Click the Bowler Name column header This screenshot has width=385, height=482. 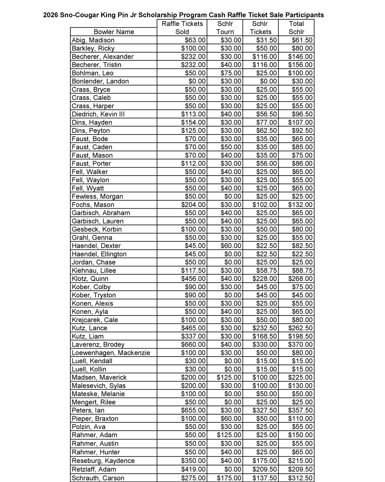coord(114,32)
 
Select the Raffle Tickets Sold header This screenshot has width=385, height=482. coord(182,28)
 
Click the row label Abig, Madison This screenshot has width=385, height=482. coord(93,40)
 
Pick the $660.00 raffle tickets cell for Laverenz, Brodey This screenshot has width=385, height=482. coord(193,344)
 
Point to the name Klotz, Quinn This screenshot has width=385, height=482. coord(90,279)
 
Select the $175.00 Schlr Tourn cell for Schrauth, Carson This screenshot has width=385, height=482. coord(229,478)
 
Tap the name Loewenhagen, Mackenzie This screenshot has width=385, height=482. coord(111,353)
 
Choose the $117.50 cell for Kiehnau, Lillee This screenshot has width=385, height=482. coord(193,271)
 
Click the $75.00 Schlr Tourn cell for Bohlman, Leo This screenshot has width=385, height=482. coord(231,73)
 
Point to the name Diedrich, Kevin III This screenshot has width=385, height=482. coord(98,114)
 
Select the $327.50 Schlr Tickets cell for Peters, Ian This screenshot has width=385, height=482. coord(265,410)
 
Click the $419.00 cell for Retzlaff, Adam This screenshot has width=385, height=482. coord(193,469)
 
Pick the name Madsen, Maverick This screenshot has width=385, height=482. coord(99,377)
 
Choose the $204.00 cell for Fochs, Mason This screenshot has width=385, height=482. coord(193,205)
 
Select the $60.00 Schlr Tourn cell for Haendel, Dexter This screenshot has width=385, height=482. coord(231,246)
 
